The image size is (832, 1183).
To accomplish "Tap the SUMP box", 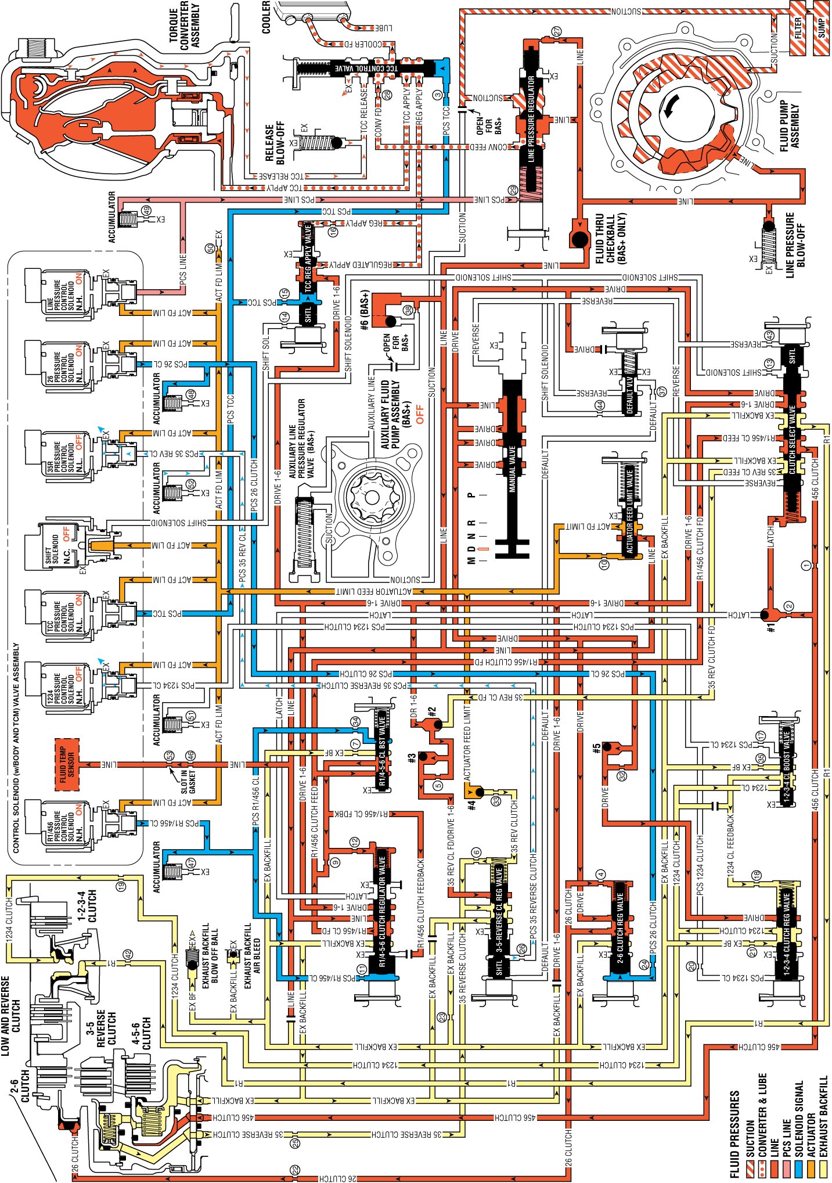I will pos(822,28).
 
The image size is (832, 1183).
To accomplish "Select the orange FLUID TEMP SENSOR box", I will pos(67,764).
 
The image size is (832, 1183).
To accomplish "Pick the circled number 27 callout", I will pos(557,32).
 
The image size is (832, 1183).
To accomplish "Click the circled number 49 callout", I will pos(146,210).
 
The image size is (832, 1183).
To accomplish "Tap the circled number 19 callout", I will pos(121,886).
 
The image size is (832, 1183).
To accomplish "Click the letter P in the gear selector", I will pos(471,495).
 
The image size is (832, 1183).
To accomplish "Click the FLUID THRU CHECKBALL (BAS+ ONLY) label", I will pos(611,239).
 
